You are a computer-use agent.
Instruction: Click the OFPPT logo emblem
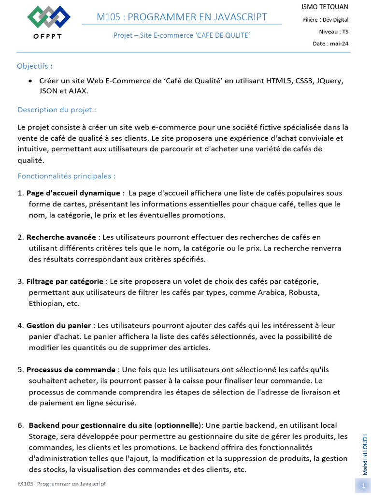(49, 17)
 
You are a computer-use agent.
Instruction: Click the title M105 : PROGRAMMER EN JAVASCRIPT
(182, 17)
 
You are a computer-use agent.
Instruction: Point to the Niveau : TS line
(333, 31)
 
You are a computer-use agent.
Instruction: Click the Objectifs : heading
(35, 66)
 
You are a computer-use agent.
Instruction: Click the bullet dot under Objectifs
(30, 81)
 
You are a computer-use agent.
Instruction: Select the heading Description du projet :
(57, 109)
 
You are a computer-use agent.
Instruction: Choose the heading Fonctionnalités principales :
(66, 176)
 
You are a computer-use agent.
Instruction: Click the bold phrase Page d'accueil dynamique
(73, 193)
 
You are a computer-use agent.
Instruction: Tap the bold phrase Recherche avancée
(61, 237)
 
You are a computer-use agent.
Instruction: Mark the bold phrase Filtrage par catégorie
(65, 281)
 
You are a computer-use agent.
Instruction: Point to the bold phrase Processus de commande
(71, 370)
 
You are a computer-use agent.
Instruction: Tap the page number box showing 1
(362, 486)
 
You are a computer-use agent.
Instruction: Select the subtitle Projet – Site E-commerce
(182, 35)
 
